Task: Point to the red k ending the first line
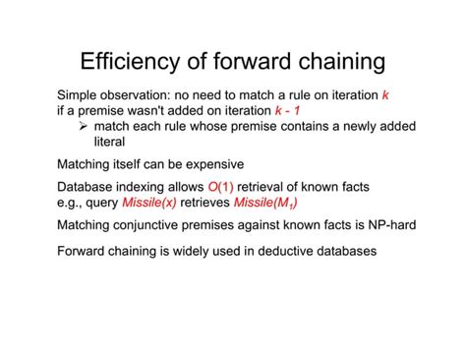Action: (385, 95)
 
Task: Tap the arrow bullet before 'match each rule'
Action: (84, 127)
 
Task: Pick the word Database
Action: (90, 187)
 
